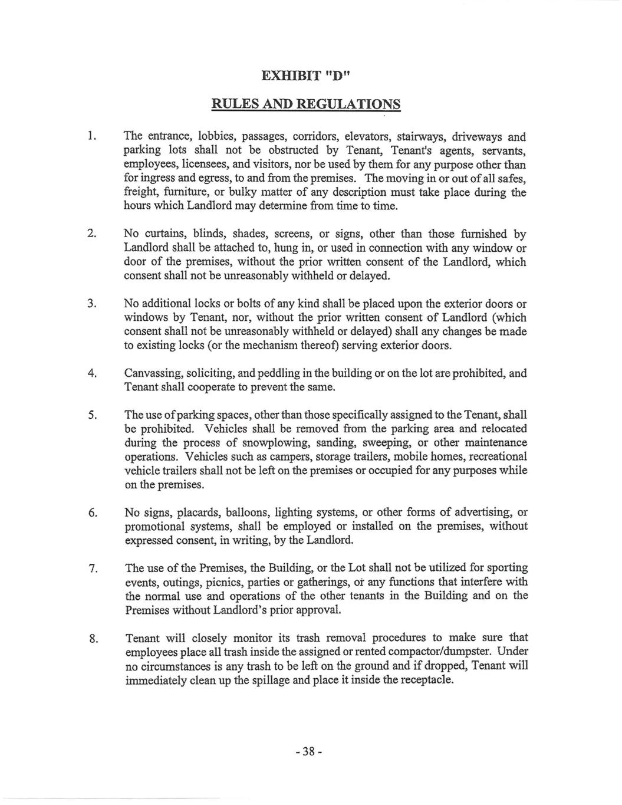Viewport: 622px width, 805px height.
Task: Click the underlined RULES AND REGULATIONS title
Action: (x=306, y=104)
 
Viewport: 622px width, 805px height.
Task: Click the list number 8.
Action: (x=92, y=638)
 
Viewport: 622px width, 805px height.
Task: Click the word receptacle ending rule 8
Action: (x=426, y=679)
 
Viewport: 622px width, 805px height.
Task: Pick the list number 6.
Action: (x=92, y=512)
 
